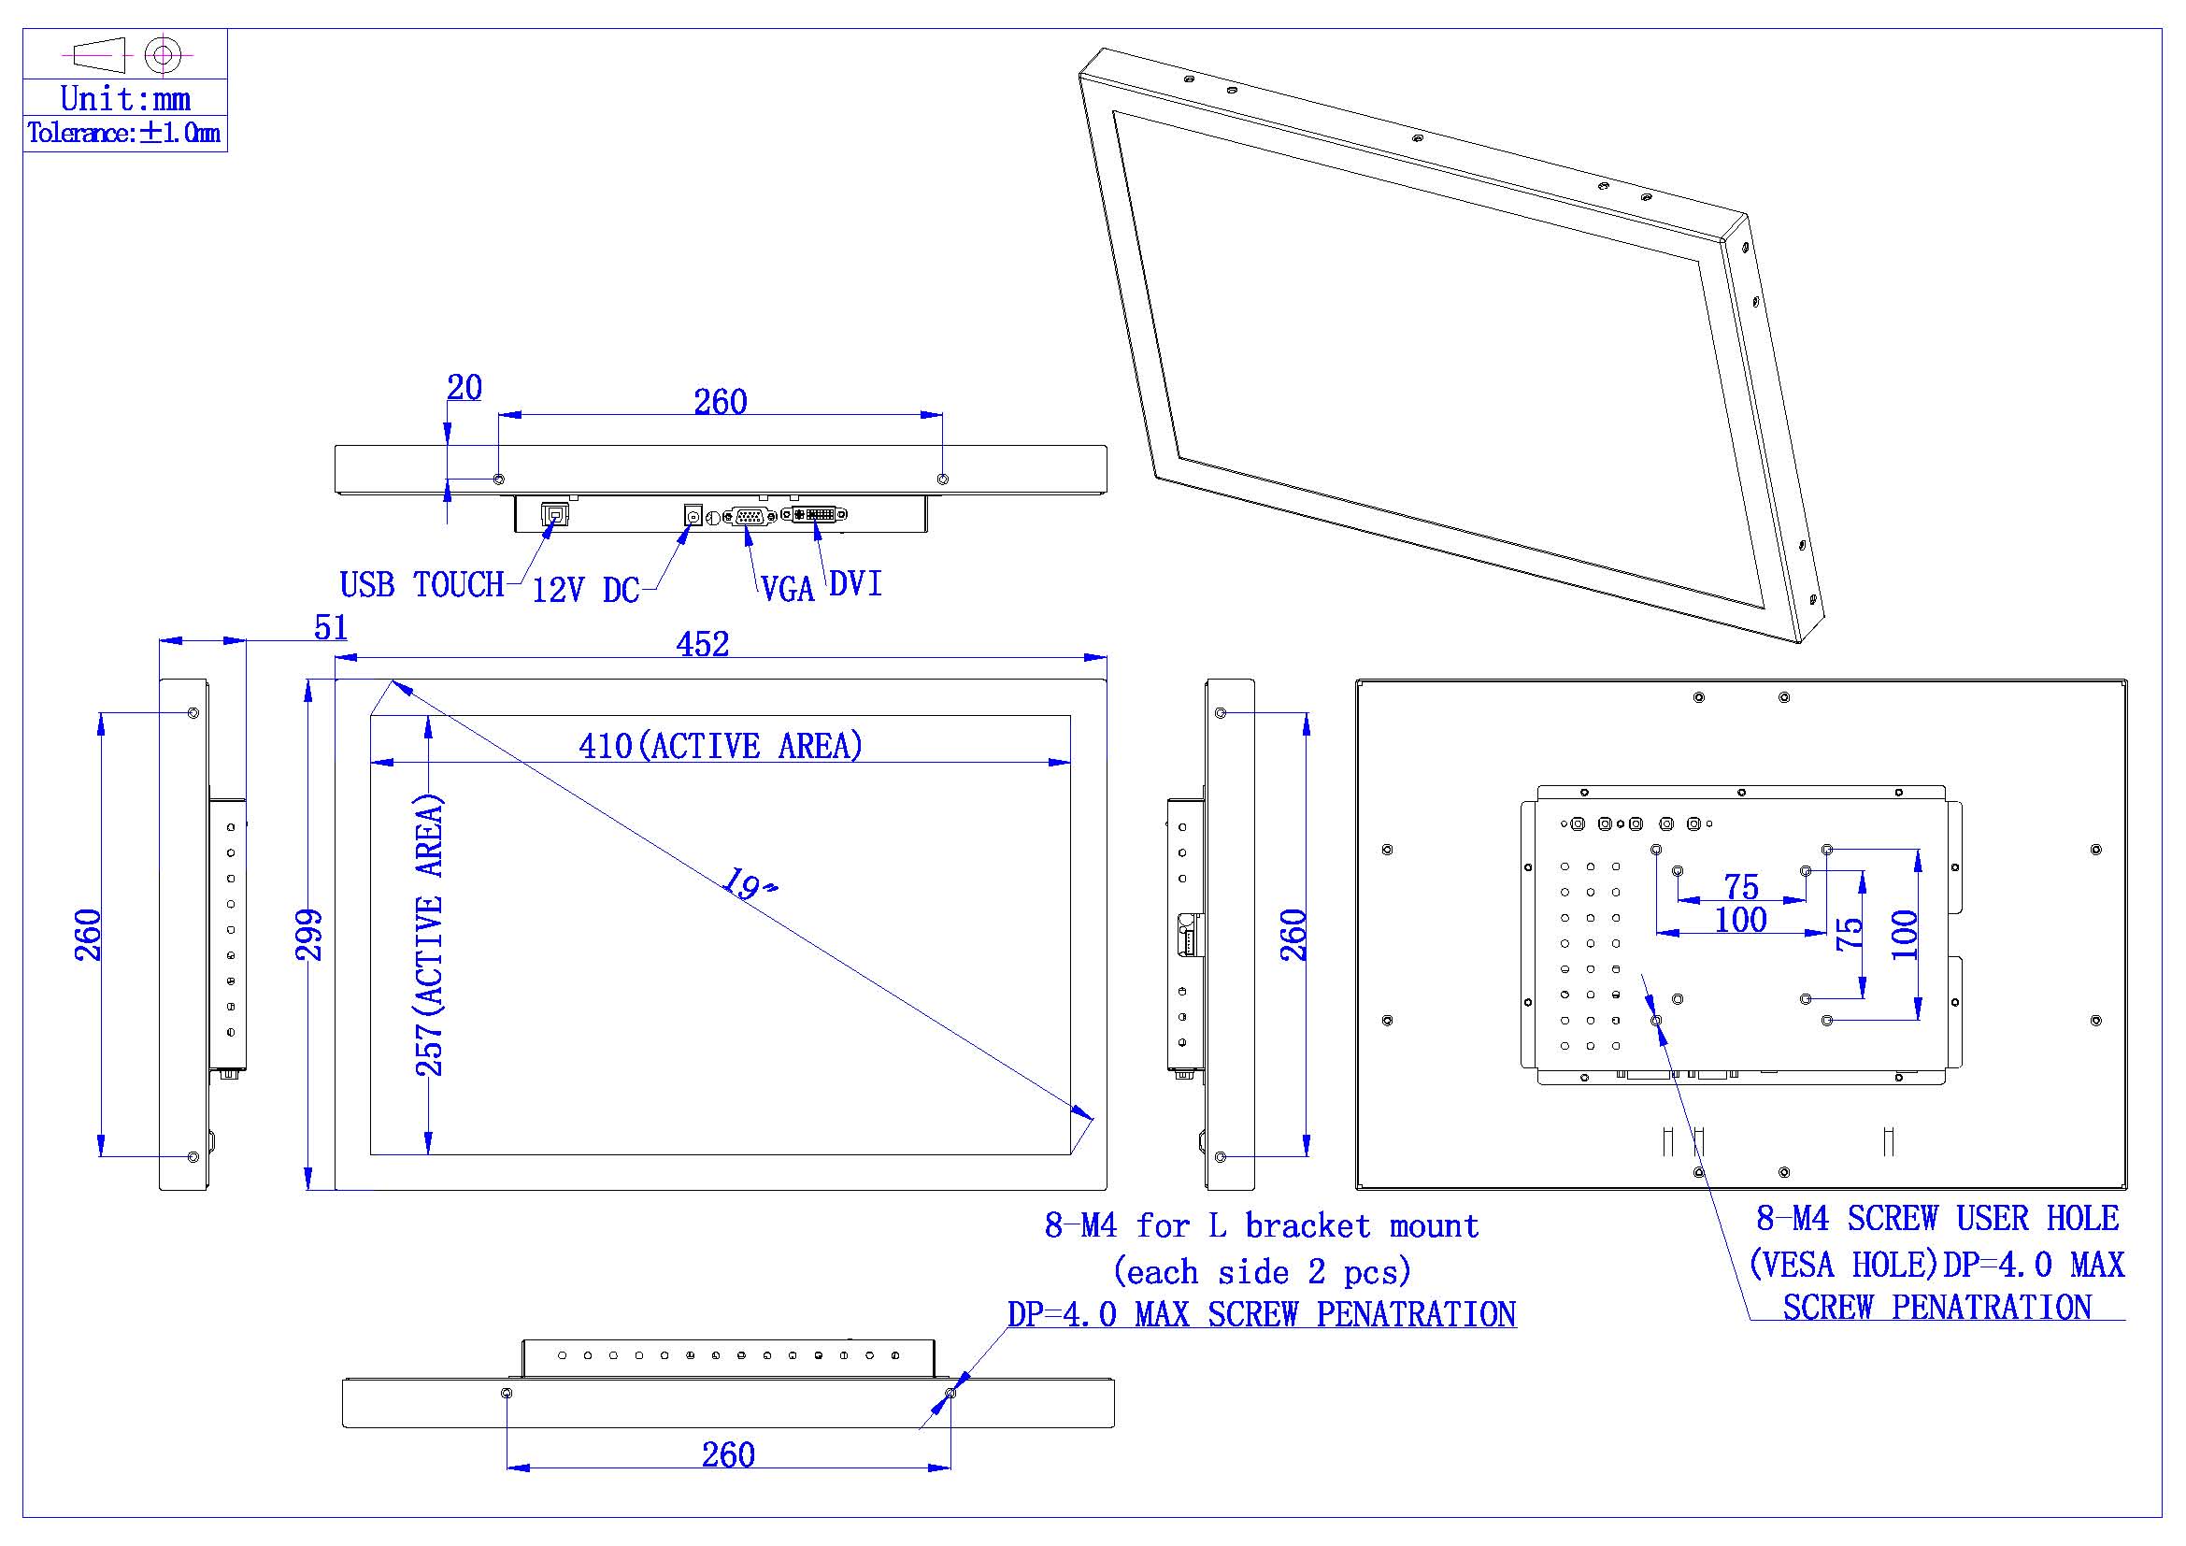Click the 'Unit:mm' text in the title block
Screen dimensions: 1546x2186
[124, 98]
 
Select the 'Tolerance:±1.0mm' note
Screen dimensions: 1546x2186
[123, 134]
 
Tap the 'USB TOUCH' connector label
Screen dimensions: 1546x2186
[421, 584]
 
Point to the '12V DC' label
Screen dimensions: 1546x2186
[584, 590]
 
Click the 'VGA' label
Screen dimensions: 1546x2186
[787, 590]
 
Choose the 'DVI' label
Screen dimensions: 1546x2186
[855, 583]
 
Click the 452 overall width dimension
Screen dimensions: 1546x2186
[703, 645]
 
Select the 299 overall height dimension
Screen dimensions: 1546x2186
[309, 935]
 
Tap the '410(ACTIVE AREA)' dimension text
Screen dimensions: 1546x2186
[721, 745]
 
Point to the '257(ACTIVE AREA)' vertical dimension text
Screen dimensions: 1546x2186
[429, 935]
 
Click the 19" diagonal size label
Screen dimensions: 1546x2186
[749, 884]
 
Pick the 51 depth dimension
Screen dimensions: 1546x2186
[330, 627]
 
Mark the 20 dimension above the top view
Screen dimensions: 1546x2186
[464, 388]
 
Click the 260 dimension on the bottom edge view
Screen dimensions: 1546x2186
[728, 1454]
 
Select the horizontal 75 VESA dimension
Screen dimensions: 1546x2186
[1741, 886]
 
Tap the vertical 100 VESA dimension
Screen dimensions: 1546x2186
[1904, 935]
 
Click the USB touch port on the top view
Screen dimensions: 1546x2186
[555, 515]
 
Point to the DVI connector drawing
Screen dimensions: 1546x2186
[815, 515]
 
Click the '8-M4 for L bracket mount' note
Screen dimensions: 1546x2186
[1262, 1226]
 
